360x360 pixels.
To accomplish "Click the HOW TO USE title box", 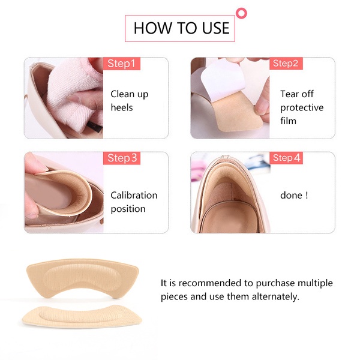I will point(181,28).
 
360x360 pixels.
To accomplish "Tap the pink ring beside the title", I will point(242,13).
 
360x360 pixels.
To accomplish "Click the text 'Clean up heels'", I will point(129,101).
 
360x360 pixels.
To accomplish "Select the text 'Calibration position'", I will point(133,202).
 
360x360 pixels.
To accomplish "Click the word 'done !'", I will point(293,196).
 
